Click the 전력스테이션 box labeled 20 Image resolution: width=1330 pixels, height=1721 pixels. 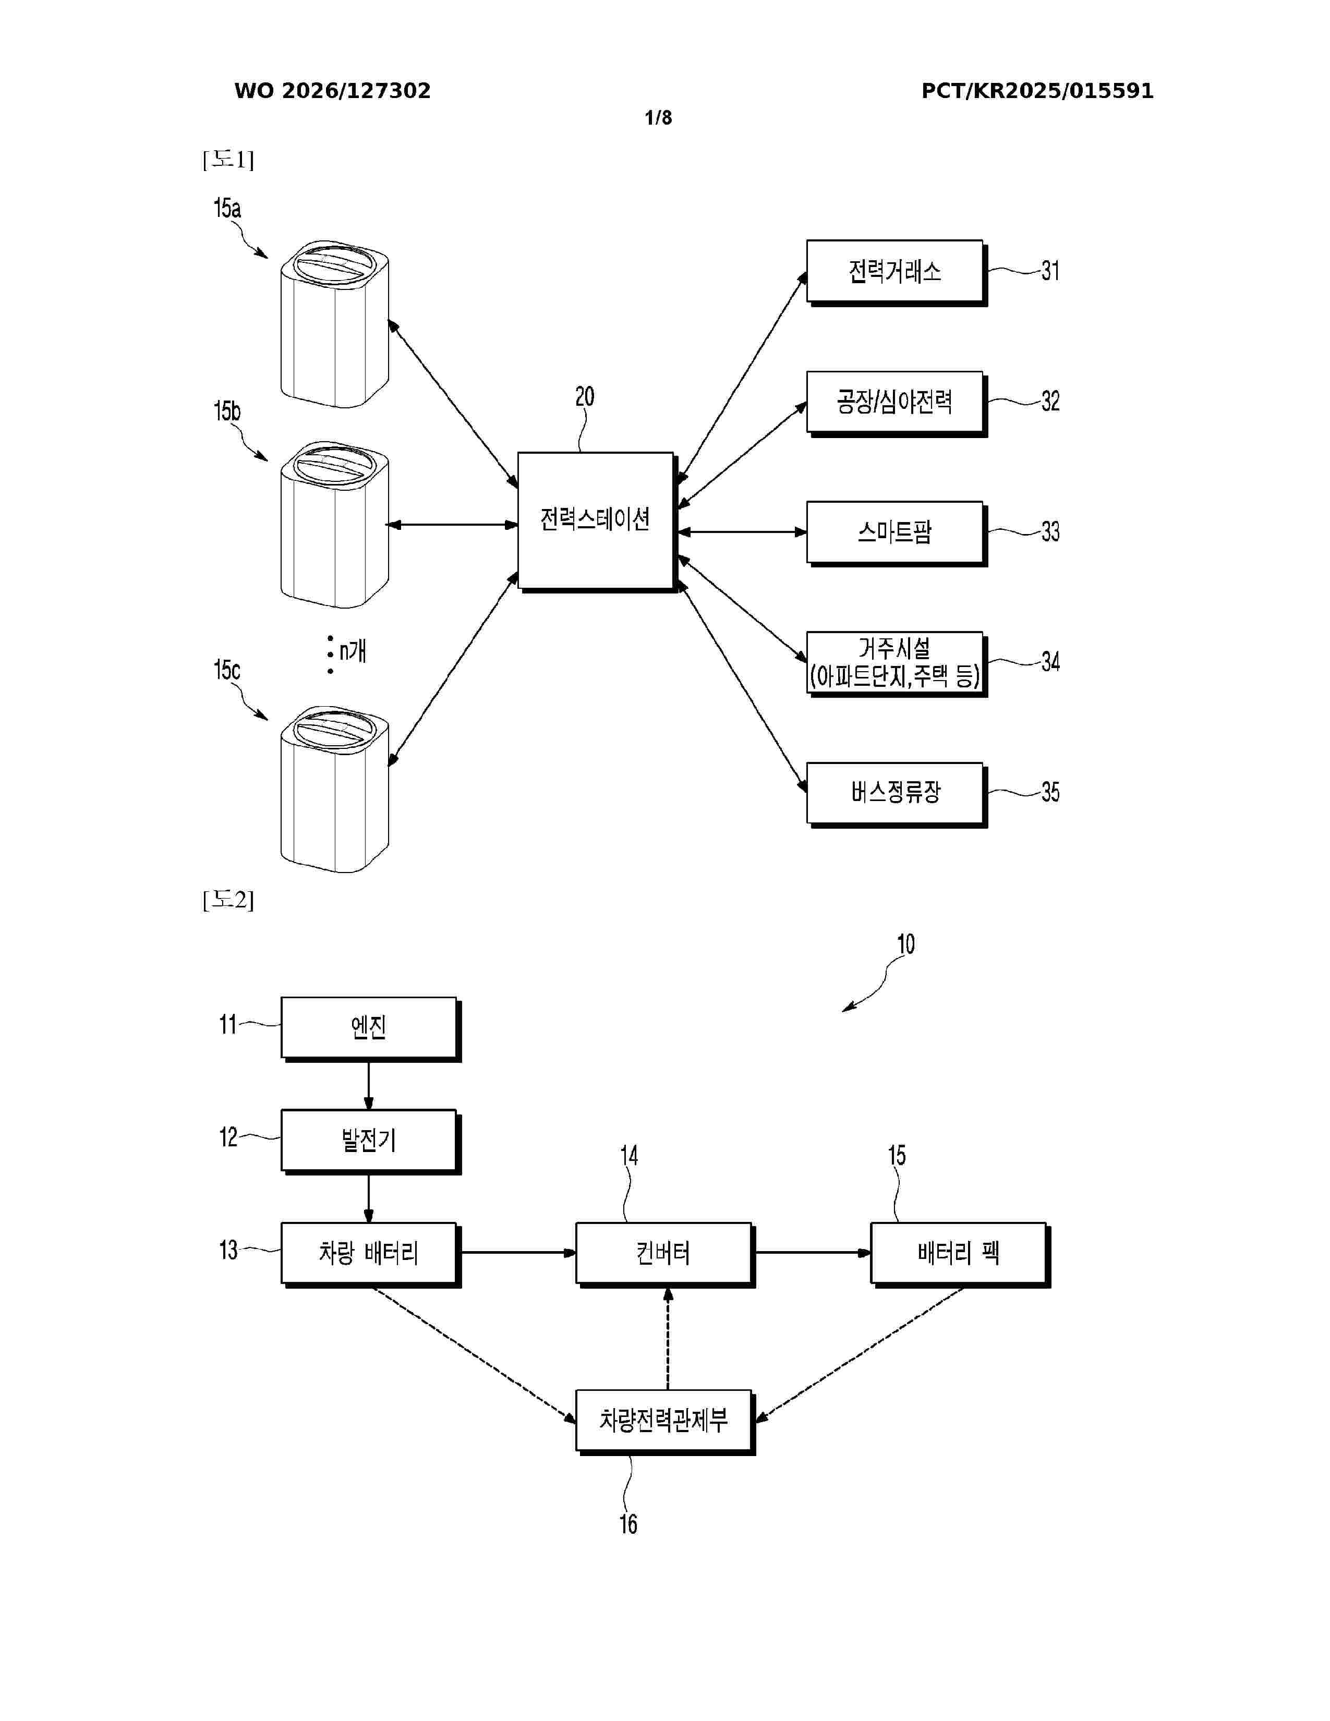pyautogui.click(x=597, y=522)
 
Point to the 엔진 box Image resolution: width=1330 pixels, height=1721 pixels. pyautogui.click(x=370, y=1029)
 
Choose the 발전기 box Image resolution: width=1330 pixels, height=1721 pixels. pyautogui.click(x=370, y=1142)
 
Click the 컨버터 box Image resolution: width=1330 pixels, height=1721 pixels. pyautogui.click(x=665, y=1254)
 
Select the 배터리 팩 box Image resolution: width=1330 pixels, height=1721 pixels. pyautogui.click(x=960, y=1254)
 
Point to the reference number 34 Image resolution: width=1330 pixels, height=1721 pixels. pyautogui.click(x=1050, y=662)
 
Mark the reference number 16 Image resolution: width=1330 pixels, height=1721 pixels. pyautogui.click(x=628, y=1524)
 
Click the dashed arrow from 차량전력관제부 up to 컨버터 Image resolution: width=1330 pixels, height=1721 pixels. pyautogui.click(x=668, y=1339)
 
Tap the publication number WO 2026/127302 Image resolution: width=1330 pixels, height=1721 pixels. pyautogui.click(x=333, y=91)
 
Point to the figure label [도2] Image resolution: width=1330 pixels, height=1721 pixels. pyautogui.click(x=228, y=899)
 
